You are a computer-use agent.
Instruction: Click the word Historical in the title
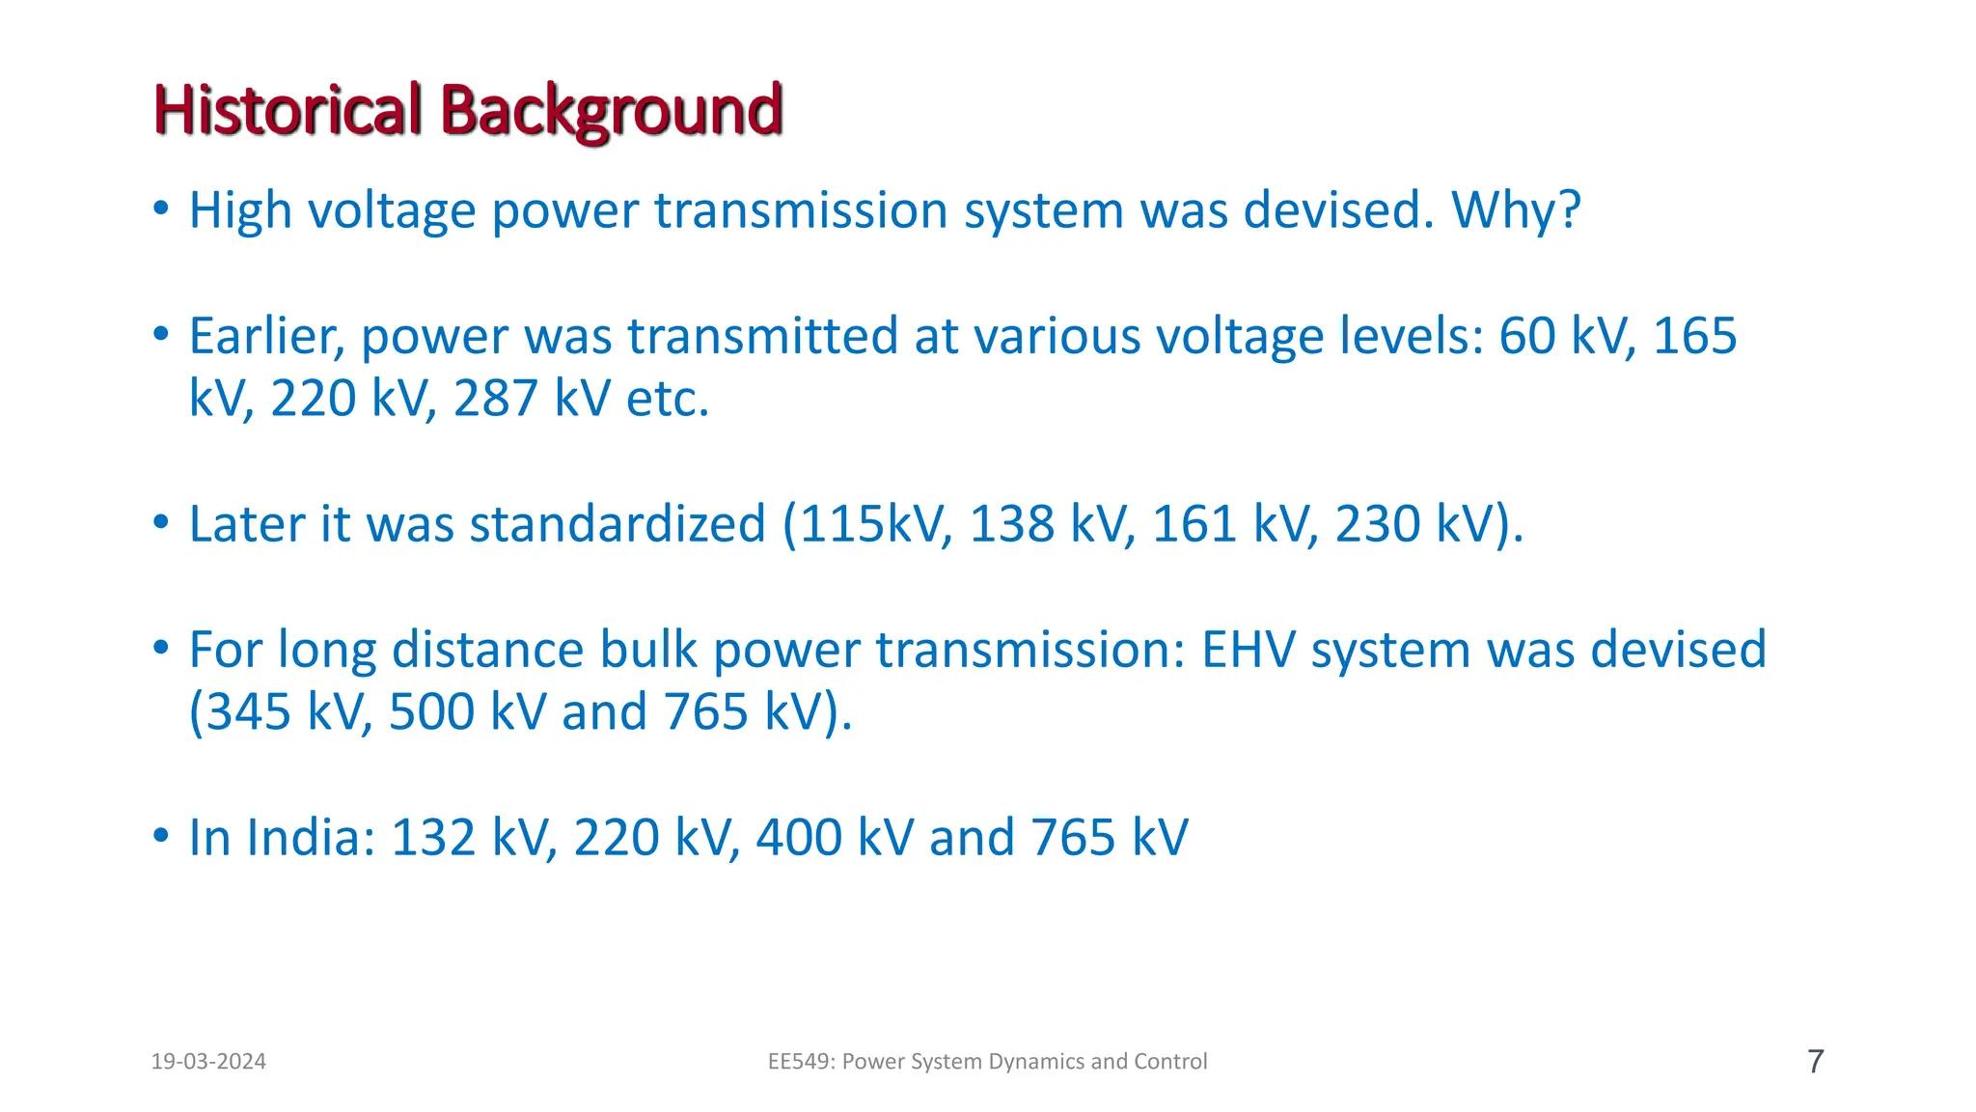coord(288,110)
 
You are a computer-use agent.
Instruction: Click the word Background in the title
coord(611,110)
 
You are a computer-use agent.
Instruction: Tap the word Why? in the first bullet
coord(1516,210)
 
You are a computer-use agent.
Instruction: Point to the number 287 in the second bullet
coord(495,398)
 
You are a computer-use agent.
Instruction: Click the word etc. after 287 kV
coord(668,398)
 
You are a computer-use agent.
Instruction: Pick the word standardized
coord(617,524)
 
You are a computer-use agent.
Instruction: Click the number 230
coord(1378,524)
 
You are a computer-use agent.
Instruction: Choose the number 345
coord(249,712)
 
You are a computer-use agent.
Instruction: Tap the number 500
coord(431,712)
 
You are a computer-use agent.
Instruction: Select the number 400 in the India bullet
coord(799,838)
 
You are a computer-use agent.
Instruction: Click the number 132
coord(433,838)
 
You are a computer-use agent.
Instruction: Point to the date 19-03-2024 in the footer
coord(208,1062)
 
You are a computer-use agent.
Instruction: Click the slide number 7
coord(1815,1062)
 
